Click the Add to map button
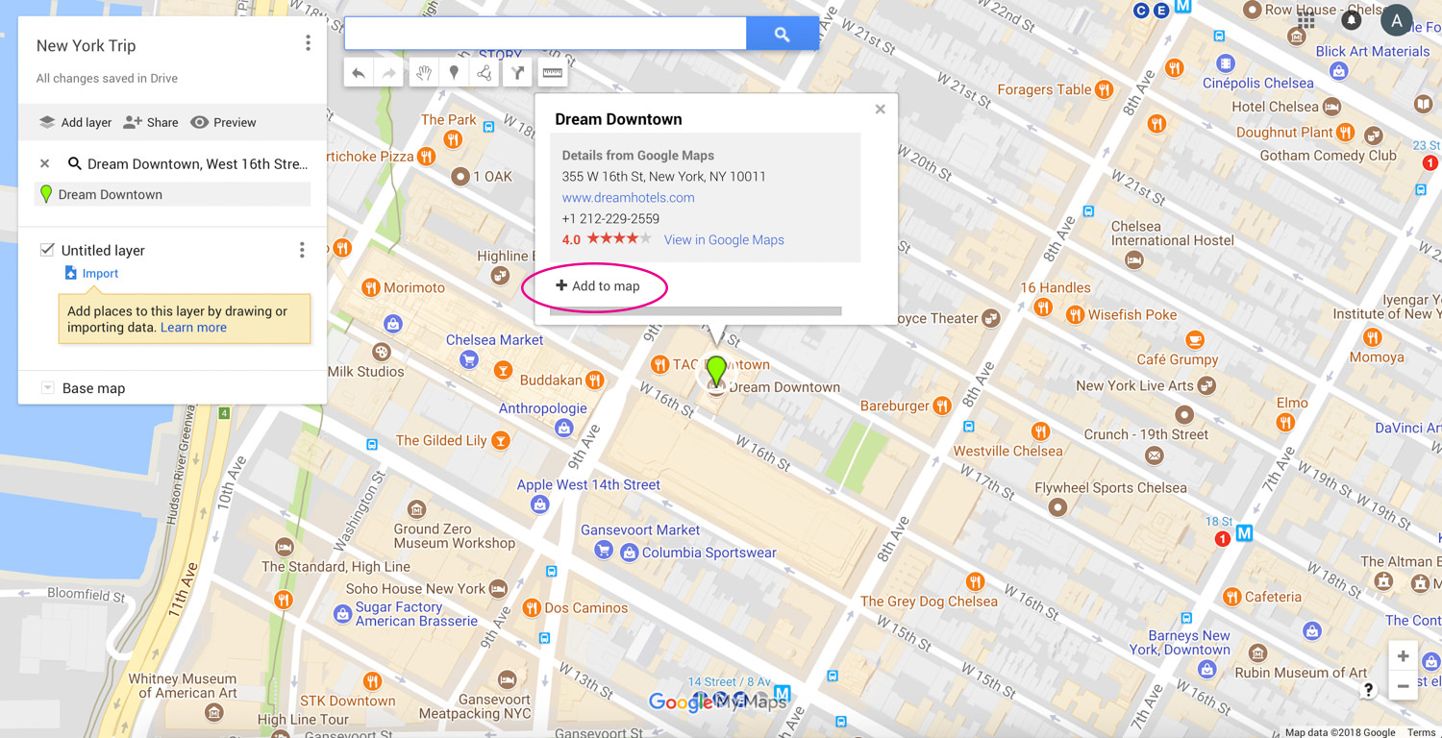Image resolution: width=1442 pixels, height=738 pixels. pyautogui.click(x=597, y=286)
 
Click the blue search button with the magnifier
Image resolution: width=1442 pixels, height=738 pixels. pyautogui.click(x=782, y=35)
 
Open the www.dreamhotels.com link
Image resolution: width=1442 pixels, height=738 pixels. pyautogui.click(x=628, y=198)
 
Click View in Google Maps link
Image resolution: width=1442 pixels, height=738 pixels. pyautogui.click(x=724, y=240)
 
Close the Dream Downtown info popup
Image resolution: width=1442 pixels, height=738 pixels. pyautogui.click(x=880, y=110)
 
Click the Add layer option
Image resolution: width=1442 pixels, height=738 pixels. pyautogui.click(x=75, y=123)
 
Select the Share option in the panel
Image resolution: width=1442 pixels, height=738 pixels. pyautogui.click(x=151, y=123)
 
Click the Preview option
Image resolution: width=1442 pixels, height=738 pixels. pyautogui.click(x=223, y=123)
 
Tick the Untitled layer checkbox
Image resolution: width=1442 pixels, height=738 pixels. pyautogui.click(x=47, y=250)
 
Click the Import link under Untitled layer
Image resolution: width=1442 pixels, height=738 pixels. pyautogui.click(x=99, y=274)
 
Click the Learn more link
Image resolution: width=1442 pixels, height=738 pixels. pyautogui.click(x=193, y=328)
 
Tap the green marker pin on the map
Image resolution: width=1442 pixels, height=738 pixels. pyautogui.click(x=716, y=369)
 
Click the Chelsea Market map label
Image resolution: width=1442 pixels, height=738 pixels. pyautogui.click(x=494, y=340)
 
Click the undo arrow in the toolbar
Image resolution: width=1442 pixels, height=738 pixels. pyautogui.click(x=359, y=73)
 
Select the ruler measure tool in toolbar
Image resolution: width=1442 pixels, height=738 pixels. pyautogui.click(x=553, y=73)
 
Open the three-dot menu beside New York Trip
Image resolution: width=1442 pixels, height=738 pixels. pyautogui.click(x=308, y=43)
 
